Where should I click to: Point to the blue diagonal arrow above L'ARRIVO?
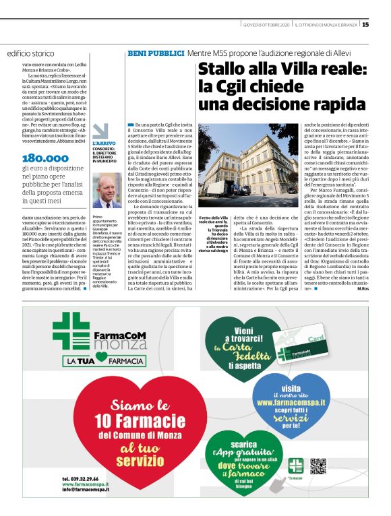(x=100, y=129)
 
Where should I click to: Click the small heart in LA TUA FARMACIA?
(x=101, y=362)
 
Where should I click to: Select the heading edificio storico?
(x=31, y=53)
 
